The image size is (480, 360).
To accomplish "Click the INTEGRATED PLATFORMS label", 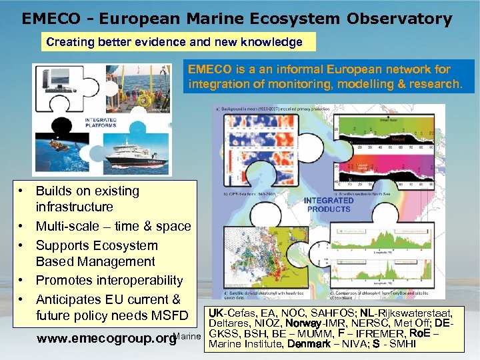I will click(x=101, y=122).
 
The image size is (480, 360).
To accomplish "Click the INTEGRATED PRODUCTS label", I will click(x=328, y=205).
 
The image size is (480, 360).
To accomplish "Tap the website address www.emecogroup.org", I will click(x=106, y=338).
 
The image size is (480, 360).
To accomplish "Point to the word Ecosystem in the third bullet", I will click(x=125, y=245).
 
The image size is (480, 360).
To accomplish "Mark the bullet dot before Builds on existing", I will click(x=22, y=191).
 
